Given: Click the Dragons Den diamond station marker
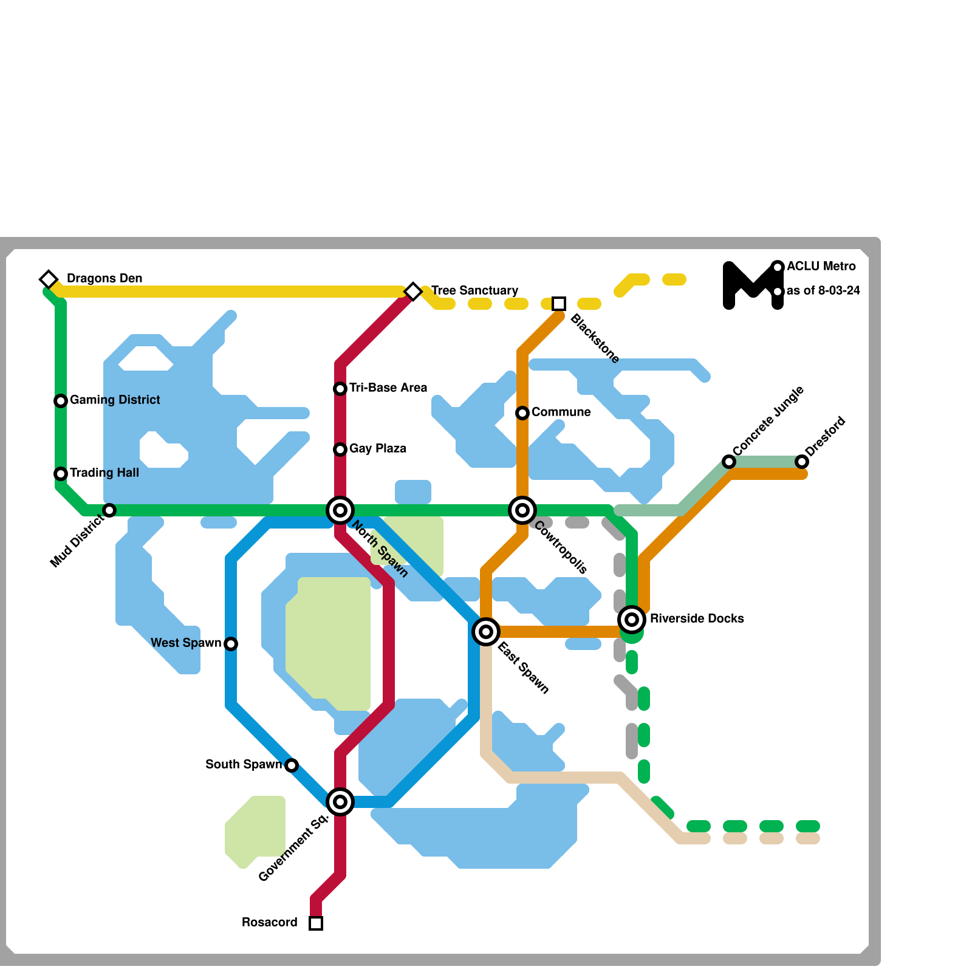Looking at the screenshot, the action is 49,279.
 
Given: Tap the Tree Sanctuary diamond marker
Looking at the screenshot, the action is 413,292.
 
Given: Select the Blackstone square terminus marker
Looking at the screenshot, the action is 559,304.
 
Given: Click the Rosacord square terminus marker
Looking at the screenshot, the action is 316,923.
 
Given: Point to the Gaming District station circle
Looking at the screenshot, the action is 61,401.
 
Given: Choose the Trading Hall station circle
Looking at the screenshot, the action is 61,474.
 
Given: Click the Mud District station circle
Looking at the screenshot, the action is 109,510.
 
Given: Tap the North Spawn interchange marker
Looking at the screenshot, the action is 340,510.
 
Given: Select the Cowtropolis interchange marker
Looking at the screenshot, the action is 522,510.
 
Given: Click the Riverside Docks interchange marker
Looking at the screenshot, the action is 632,620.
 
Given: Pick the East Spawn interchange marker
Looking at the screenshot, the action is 486,632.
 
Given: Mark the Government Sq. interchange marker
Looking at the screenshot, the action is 340,802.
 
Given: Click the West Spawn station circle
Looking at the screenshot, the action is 231,644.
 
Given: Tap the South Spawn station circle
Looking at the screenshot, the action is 292,765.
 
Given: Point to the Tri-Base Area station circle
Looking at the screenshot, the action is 340,389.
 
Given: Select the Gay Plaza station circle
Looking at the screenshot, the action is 340,450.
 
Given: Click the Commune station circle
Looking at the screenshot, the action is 522,413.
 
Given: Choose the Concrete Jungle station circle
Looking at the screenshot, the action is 729,462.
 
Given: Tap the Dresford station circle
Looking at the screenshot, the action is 802,462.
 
